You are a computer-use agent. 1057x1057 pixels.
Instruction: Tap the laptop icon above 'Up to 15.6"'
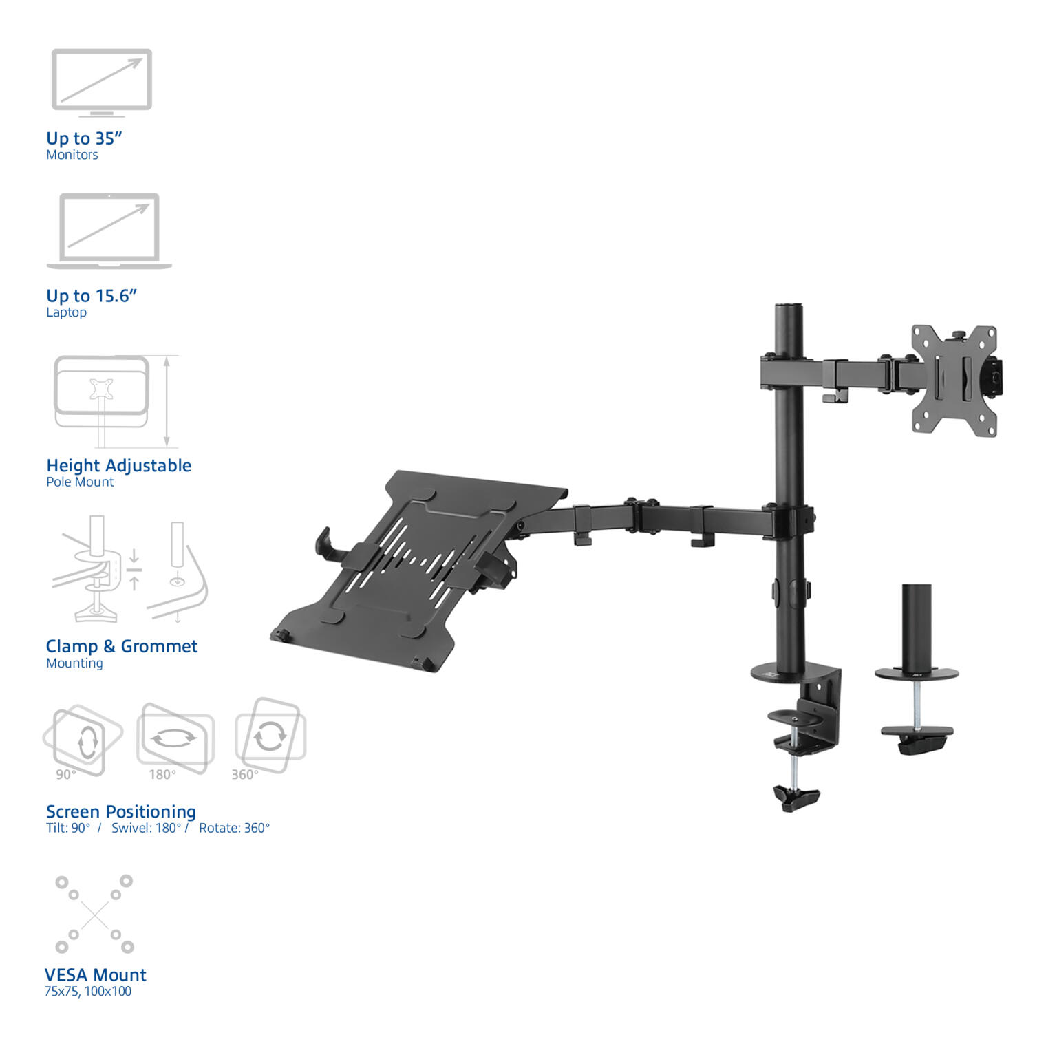click(109, 231)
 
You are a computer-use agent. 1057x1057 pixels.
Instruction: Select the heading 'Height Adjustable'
click(118, 466)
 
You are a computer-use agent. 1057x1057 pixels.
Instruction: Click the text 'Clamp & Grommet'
click(121, 646)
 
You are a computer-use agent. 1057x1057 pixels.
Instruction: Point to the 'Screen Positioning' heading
click(120, 811)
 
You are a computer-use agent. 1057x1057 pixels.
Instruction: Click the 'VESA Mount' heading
click(95, 975)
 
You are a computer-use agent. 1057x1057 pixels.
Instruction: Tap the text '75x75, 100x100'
click(87, 992)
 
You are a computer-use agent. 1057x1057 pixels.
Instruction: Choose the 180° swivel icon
click(175, 738)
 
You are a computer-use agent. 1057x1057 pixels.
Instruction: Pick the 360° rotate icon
click(270, 736)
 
